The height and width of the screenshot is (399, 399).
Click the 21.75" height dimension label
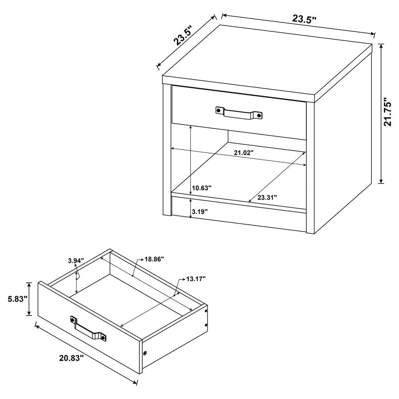[x=389, y=112]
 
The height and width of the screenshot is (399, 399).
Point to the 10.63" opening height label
[x=202, y=188]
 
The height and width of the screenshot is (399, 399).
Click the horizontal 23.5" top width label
[x=304, y=19]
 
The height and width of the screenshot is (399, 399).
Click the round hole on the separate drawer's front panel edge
[x=145, y=353]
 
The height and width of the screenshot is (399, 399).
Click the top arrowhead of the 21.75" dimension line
[x=381, y=44]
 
